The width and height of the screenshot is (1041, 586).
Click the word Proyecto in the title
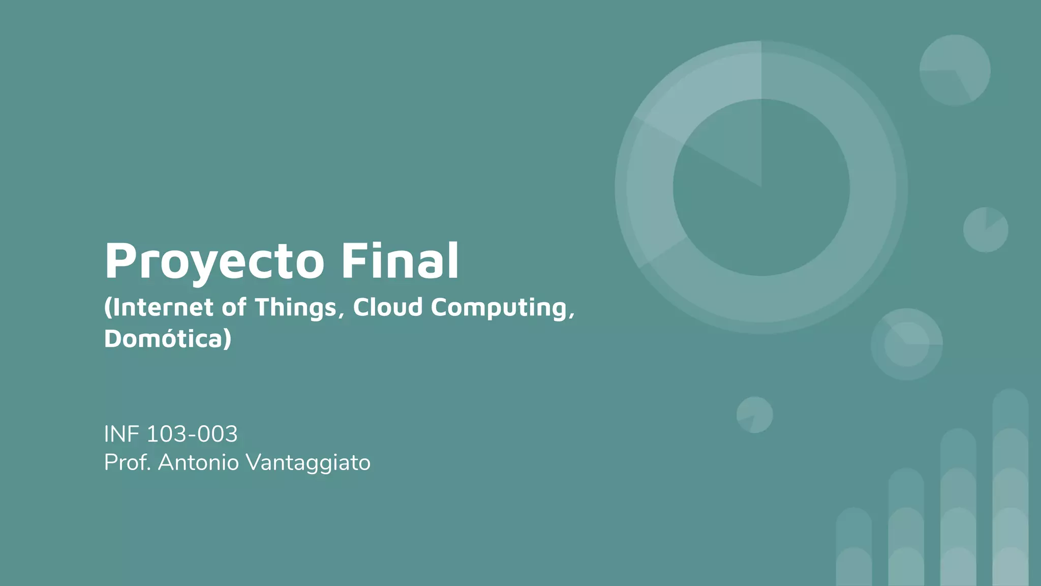tap(214, 261)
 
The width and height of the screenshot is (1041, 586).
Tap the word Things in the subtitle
tap(295, 308)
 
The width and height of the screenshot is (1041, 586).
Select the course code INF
tap(121, 434)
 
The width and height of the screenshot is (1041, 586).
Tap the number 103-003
tap(192, 434)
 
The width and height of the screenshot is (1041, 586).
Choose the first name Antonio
tap(198, 462)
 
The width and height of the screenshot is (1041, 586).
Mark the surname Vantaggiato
tap(308, 463)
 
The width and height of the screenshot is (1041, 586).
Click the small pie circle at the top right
tap(955, 70)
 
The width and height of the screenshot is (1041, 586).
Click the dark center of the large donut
tap(761, 203)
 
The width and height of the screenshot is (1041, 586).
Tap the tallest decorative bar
tap(1011, 488)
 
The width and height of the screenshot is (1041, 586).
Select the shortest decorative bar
tap(854, 547)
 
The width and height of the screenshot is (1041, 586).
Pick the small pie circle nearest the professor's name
tap(755, 415)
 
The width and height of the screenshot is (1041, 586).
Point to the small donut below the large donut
tap(907, 344)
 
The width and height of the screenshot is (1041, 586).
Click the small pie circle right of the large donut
tap(986, 229)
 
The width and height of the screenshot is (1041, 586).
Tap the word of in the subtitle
tap(234, 307)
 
